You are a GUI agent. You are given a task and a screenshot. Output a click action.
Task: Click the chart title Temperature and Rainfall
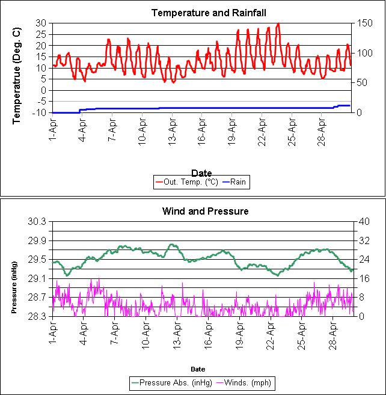click(200, 13)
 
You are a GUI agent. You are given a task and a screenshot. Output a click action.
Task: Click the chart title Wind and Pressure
click(205, 211)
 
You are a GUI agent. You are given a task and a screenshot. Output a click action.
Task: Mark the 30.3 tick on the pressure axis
click(37, 221)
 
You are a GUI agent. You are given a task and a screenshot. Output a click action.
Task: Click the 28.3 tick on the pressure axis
click(37, 316)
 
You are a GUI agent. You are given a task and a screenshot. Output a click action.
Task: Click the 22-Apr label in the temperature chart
click(262, 128)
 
